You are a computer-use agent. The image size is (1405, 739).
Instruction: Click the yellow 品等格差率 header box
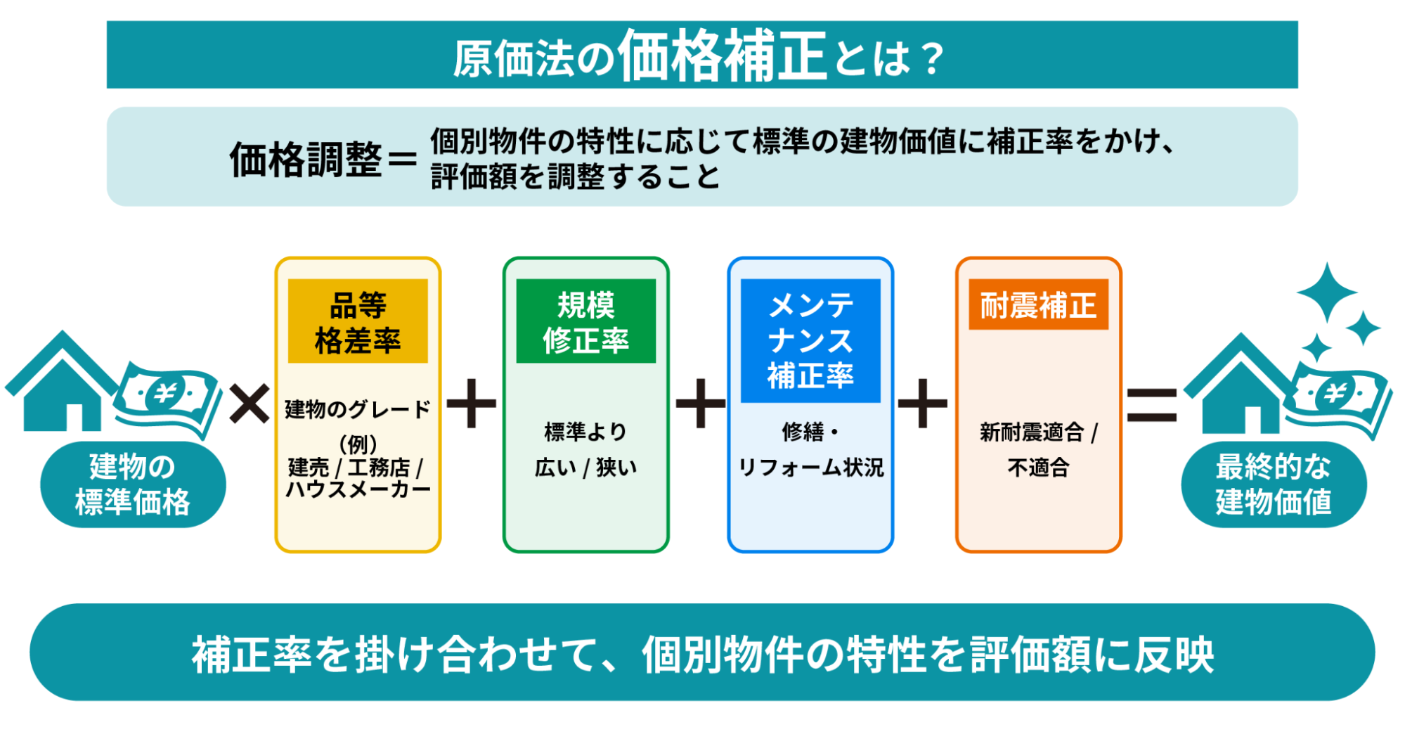(358, 321)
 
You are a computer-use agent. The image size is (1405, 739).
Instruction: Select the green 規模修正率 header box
(585, 321)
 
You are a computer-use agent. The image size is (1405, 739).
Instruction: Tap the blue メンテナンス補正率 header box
(810, 340)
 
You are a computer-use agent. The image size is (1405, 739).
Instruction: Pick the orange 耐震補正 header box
(1038, 305)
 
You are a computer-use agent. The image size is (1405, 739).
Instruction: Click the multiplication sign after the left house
(250, 404)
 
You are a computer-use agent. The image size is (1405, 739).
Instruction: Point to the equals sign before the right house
(1151, 405)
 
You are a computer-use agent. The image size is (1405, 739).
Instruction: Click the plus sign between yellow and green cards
(472, 404)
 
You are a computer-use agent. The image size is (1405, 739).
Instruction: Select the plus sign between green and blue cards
(700, 404)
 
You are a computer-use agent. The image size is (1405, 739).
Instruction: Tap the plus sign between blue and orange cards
(923, 404)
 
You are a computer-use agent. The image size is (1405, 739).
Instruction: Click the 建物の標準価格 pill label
(133, 484)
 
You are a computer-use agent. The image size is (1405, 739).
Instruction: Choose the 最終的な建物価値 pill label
(1274, 484)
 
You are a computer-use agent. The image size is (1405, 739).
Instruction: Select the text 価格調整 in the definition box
(306, 160)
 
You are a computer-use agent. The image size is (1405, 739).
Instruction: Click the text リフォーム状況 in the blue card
(810, 468)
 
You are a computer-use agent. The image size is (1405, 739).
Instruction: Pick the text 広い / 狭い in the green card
(585, 468)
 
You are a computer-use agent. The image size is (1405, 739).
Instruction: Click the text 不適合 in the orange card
(1038, 468)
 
